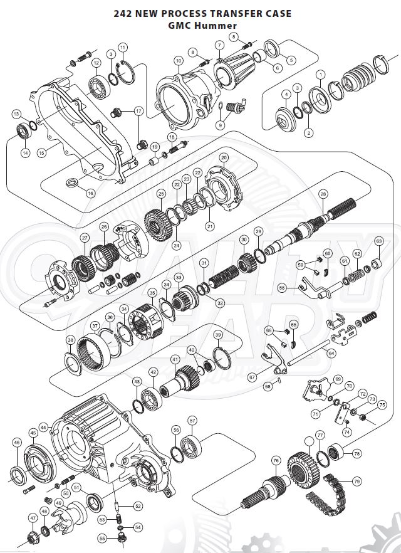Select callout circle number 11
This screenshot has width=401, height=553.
click(122, 47)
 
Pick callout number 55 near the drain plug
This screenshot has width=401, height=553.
click(102, 538)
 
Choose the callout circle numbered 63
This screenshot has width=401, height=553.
click(378, 241)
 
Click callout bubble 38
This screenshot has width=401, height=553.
click(71, 340)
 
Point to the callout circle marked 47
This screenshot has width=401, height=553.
click(33, 519)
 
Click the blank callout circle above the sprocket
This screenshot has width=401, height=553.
click(308, 441)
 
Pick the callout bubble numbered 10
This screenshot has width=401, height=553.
click(179, 61)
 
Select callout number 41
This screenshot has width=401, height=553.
click(175, 360)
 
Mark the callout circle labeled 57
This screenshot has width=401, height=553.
click(192, 420)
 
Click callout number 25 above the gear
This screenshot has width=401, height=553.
click(161, 194)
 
